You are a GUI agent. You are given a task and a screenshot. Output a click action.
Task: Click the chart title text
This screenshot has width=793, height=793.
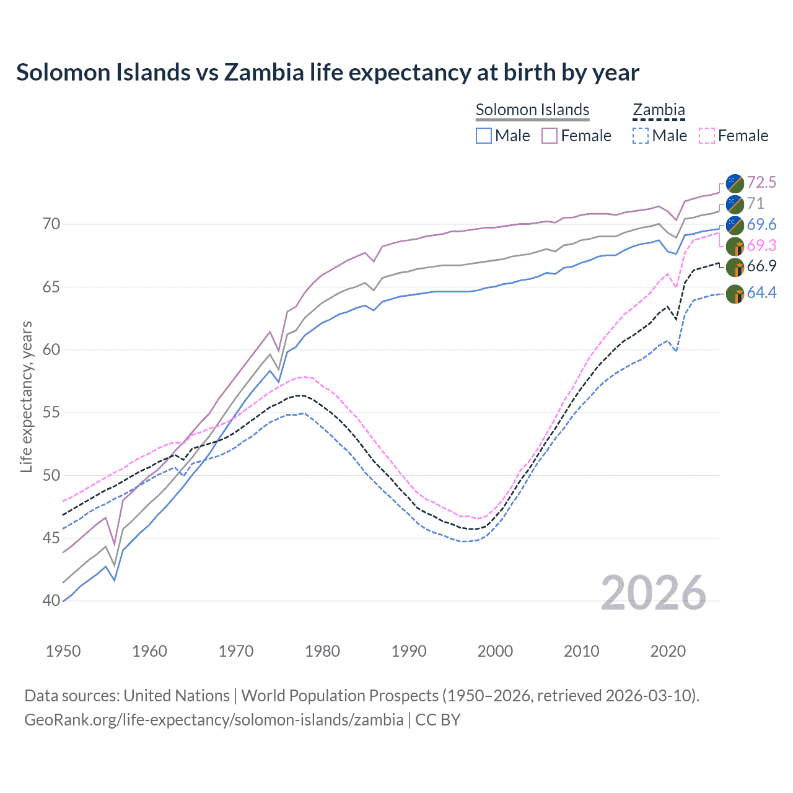[x=327, y=72]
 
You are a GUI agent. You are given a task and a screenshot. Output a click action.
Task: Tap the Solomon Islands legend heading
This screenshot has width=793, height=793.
[x=532, y=110]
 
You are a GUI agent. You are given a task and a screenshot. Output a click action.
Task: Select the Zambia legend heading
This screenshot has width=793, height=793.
[x=659, y=110]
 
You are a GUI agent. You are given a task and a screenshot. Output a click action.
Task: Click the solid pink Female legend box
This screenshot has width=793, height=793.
[x=550, y=136]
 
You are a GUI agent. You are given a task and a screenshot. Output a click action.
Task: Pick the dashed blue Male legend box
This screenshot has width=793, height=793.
[x=641, y=136]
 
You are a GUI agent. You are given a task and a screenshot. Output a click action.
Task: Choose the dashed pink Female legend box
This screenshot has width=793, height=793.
[x=707, y=136]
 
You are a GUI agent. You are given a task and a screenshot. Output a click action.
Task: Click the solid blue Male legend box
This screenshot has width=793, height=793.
[x=484, y=136]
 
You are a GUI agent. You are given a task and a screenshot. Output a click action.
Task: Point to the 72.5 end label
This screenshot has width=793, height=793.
[x=761, y=182]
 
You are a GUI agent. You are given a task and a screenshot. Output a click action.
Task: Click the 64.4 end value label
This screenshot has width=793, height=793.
[x=761, y=292]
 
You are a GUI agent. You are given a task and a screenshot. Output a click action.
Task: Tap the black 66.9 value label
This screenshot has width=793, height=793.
[x=761, y=266]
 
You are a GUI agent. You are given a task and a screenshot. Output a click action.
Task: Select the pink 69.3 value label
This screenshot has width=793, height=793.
[x=761, y=246]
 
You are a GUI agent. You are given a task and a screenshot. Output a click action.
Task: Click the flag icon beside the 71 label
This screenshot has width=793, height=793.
[x=735, y=204]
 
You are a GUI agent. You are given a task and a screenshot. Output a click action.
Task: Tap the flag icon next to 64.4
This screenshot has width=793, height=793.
[x=735, y=294]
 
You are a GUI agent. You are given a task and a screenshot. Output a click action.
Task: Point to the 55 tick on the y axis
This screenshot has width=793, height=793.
[x=34, y=413]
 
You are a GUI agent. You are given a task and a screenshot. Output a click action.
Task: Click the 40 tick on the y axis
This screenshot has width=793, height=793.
[x=34, y=600]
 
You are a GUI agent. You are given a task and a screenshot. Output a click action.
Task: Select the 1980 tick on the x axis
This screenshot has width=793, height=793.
[x=322, y=651]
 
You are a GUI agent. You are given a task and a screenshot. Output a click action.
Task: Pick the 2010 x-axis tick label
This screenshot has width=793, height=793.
[x=581, y=651]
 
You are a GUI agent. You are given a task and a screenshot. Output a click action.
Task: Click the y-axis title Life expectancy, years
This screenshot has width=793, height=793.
[x=26, y=396]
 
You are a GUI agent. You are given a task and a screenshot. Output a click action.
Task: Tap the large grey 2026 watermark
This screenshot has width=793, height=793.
[x=654, y=593]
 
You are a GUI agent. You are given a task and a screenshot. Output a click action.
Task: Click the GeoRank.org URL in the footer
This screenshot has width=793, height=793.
[x=214, y=720]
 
